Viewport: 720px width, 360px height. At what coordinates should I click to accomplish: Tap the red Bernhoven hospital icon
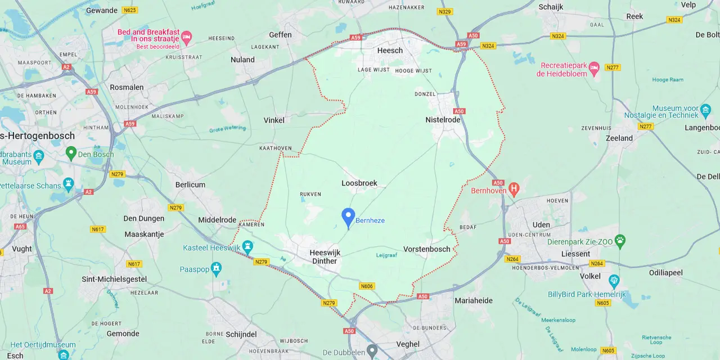point(513,189)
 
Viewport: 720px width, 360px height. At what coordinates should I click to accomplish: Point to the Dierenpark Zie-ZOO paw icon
point(620,241)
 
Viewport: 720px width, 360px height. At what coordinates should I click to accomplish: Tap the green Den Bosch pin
point(71,152)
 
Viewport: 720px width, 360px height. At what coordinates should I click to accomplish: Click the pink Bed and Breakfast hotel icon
point(187,38)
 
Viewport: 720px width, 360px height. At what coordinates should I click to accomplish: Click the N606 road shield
point(367,286)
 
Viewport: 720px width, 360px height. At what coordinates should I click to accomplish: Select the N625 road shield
point(130,10)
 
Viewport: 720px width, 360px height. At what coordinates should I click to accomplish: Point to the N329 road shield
point(444,11)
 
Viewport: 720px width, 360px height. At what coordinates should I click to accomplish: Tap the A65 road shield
point(20,227)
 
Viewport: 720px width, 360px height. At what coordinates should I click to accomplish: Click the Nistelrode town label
point(443,120)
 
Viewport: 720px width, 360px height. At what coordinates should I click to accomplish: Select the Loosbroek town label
point(359,183)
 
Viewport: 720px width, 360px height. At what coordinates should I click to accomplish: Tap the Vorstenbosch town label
point(426,249)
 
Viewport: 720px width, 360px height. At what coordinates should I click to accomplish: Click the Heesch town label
point(390,51)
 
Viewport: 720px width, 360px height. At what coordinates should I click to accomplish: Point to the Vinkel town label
point(274,120)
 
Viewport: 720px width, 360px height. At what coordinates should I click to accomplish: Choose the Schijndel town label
point(241,334)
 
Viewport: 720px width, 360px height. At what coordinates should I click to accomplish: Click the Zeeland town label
point(619,138)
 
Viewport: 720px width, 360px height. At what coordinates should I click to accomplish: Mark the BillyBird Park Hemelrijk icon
point(614,280)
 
